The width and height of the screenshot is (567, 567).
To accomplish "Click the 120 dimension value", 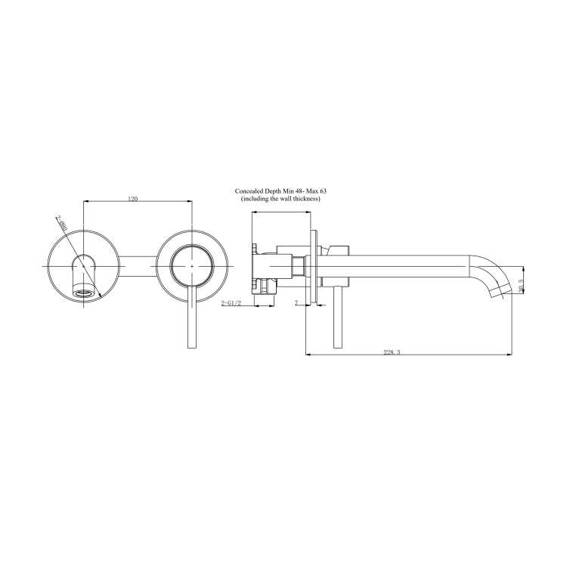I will tap(133, 199).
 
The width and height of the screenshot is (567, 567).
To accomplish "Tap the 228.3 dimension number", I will tap(392, 352).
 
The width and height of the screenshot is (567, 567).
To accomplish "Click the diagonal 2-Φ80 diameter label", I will tap(61, 224).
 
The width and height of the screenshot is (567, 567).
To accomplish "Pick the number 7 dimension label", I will tap(296, 302).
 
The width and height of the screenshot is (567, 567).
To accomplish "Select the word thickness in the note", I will tap(305, 199).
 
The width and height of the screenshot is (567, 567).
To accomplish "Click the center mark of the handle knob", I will tap(192, 267).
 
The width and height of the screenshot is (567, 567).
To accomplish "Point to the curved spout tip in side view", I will tap(498, 290).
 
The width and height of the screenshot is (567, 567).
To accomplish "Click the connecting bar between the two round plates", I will tap(138, 267).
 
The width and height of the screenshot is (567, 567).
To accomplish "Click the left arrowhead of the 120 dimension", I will tap(84, 203).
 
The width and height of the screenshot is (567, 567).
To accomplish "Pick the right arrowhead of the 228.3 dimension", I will tap(510, 355).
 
